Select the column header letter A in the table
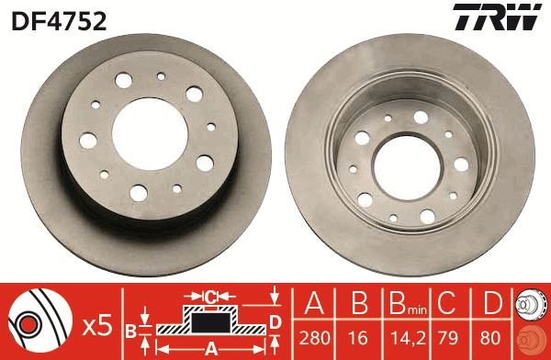pos(313,303)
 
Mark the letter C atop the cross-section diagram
pos(210,297)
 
